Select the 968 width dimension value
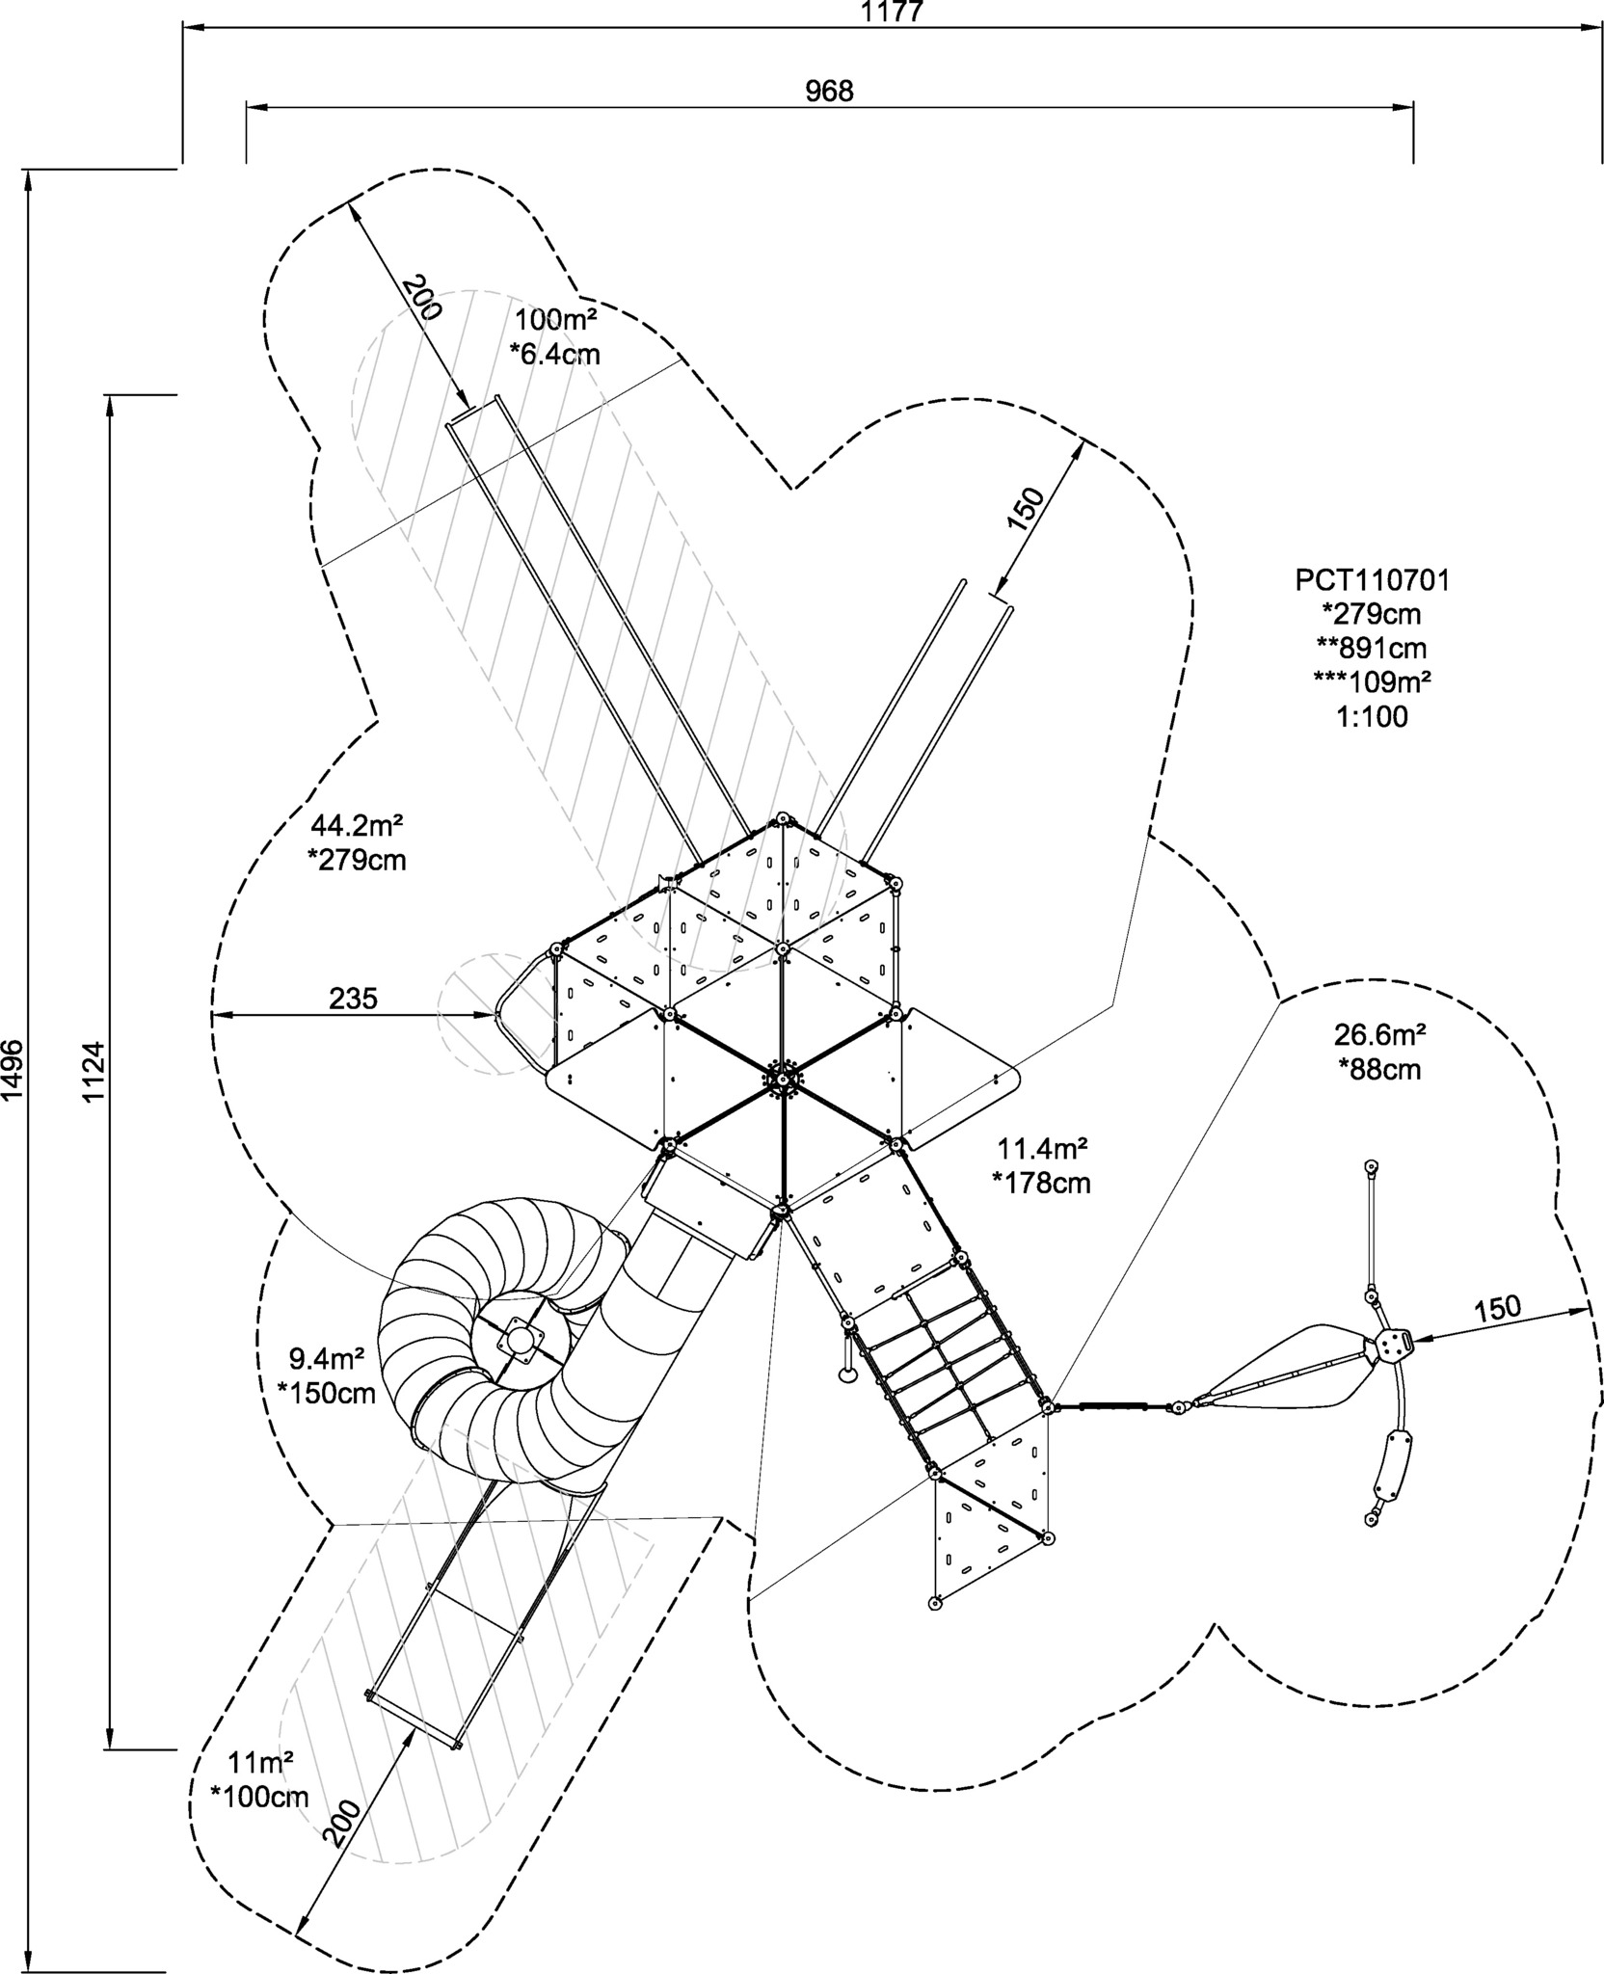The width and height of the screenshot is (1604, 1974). [x=830, y=91]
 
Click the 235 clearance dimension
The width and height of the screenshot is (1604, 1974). [x=353, y=999]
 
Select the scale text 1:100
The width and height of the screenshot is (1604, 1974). [x=1372, y=716]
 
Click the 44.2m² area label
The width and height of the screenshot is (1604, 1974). [x=356, y=825]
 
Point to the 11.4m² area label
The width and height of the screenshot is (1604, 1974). [x=1042, y=1148]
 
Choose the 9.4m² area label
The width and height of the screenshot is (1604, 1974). [x=327, y=1359]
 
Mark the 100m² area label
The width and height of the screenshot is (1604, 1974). [x=554, y=319]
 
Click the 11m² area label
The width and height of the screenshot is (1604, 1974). [x=260, y=1762]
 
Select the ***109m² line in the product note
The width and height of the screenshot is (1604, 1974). [x=1372, y=681]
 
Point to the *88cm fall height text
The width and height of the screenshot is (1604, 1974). [x=1379, y=1069]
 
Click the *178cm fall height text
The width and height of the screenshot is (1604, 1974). [x=1042, y=1183]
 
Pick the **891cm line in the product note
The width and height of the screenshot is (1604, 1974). [x=1372, y=648]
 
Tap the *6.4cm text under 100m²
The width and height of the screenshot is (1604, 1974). [x=554, y=354]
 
